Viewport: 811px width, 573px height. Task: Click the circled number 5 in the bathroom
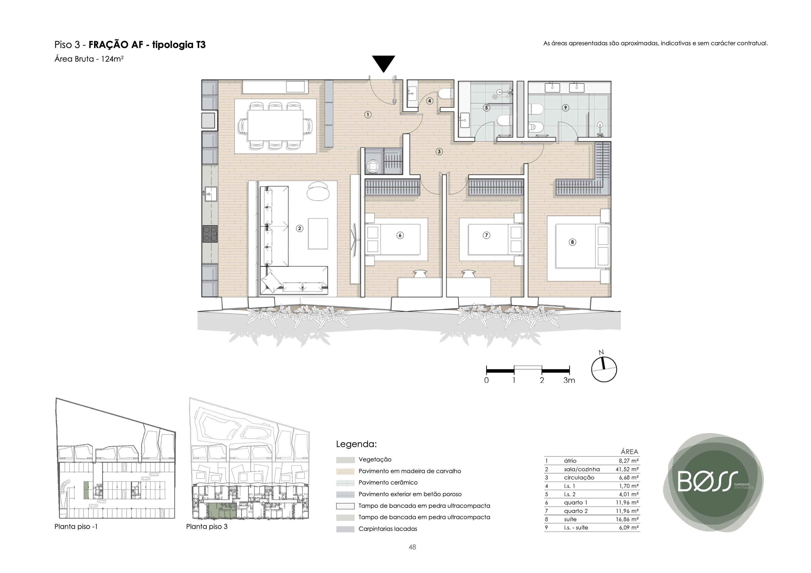tap(486, 107)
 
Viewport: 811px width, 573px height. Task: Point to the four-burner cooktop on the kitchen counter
tap(210, 234)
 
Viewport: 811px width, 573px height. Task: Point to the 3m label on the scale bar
tap(569, 380)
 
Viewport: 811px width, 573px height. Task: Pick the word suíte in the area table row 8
tap(570, 519)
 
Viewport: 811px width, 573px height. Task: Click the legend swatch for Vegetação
tap(345, 460)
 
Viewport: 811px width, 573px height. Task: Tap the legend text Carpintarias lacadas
tap(388, 529)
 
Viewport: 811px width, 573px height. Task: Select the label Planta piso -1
tap(76, 526)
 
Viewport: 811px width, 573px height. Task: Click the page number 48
tap(412, 547)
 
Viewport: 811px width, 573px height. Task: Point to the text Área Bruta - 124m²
tap(89, 59)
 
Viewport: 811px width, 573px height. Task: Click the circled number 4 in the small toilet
tap(429, 101)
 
